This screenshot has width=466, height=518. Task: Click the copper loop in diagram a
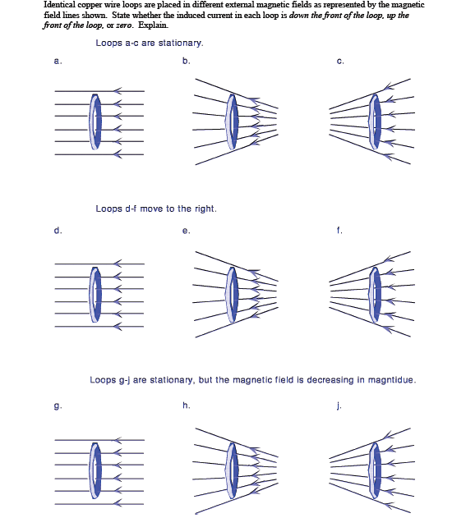96,121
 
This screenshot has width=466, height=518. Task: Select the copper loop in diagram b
233,121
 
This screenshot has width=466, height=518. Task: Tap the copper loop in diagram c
376,121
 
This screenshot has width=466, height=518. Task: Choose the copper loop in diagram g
96,470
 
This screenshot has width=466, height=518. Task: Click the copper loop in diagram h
233,470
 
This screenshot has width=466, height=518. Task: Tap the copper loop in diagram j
376,470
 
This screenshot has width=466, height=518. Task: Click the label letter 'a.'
58,62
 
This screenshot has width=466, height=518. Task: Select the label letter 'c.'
339,62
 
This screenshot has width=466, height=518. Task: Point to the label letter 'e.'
187,231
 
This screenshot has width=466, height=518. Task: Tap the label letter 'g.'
58,406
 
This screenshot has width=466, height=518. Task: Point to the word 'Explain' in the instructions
157,25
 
